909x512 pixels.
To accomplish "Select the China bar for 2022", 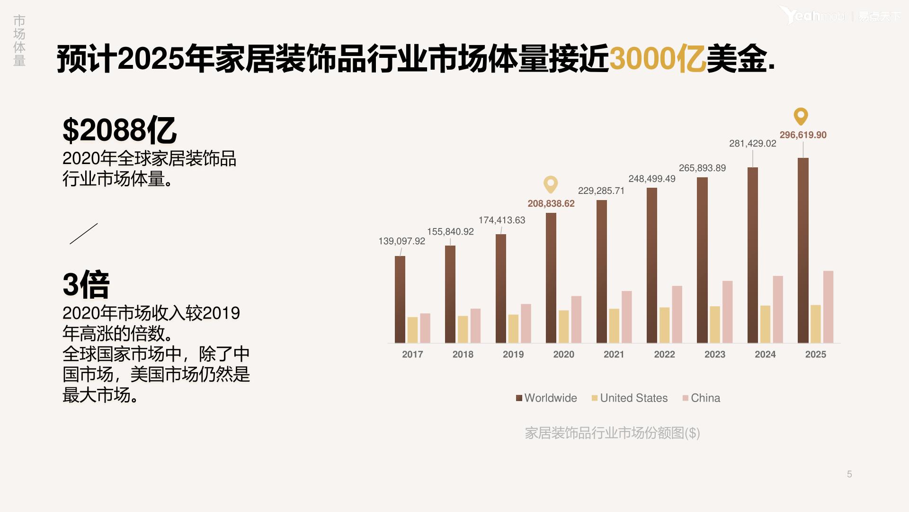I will tap(677, 314).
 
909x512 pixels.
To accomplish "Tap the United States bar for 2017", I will tap(412, 330).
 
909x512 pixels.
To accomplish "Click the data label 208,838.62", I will tap(551, 203).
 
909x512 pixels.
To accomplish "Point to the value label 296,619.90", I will tap(803, 135).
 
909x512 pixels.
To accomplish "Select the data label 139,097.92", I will tap(401, 241).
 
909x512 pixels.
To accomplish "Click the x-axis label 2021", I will tap(614, 354).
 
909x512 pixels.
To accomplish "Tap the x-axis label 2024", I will tap(765, 354).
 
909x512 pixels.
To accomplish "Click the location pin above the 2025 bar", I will tap(801, 116).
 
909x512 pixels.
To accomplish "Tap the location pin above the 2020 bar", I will tap(551, 184).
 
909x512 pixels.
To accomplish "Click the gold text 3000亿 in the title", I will tap(657, 59).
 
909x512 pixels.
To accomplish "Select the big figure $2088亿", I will tap(119, 130).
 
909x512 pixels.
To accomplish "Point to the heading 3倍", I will tap(86, 284).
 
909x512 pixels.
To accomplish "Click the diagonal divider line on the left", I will tap(84, 234).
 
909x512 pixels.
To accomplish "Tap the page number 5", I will tap(849, 474).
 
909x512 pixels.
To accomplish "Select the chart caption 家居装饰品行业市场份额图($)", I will tap(612, 433).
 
